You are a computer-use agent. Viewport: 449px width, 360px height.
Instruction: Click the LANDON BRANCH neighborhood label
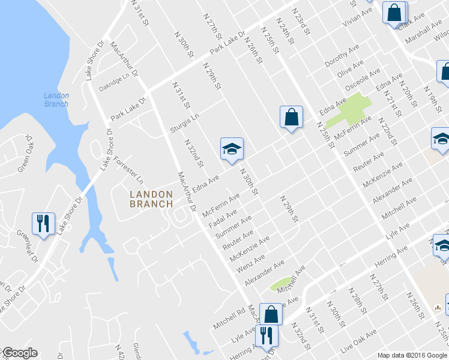click(151, 199)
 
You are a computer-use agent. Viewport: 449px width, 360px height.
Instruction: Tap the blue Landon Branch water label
click(56, 100)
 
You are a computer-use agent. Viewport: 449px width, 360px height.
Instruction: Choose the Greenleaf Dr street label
click(27, 242)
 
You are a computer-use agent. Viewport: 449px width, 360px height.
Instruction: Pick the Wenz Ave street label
click(251, 263)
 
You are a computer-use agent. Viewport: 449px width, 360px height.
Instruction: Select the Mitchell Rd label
click(229, 319)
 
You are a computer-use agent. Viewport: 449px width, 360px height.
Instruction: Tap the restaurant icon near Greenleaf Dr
click(43, 224)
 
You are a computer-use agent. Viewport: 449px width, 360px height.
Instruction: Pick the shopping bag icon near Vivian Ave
click(394, 13)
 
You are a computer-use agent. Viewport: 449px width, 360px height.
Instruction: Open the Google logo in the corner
click(19, 353)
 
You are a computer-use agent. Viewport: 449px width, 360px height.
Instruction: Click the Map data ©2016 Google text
click(412, 355)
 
